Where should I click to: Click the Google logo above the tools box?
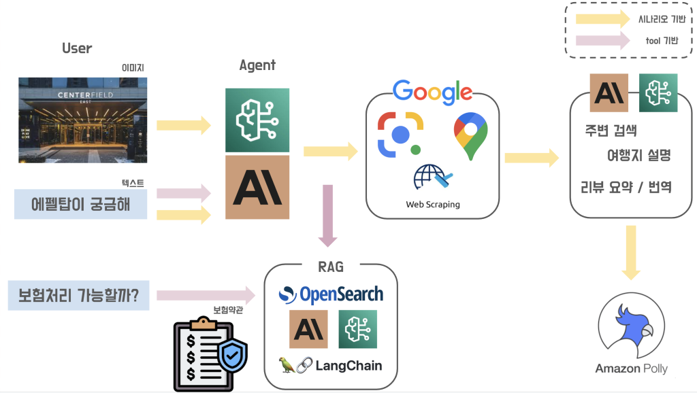coord(432,92)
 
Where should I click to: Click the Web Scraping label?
coord(433,204)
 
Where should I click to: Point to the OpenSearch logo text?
coord(331,294)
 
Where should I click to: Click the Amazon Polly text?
coord(631,369)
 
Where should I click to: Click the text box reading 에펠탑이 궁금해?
coord(80,204)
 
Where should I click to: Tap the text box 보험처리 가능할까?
coord(78,296)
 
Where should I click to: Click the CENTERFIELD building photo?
coord(82,120)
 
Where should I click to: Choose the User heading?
coord(77,48)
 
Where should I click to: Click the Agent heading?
coord(257,65)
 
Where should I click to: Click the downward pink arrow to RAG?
coord(328,215)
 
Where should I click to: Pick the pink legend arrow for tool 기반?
coord(603,41)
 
